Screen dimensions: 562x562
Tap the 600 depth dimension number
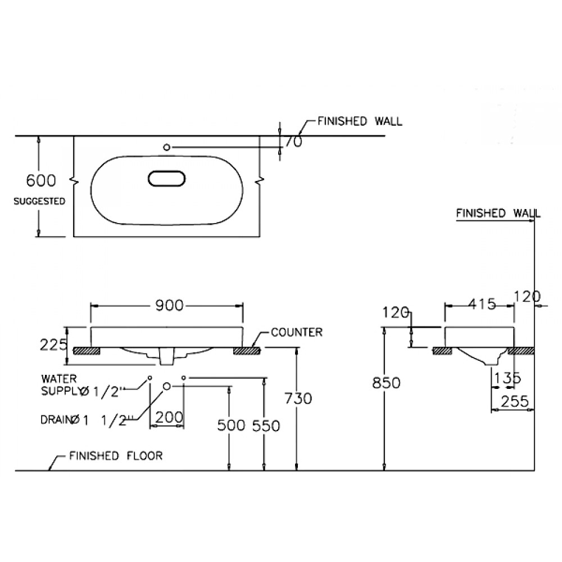tap(42, 180)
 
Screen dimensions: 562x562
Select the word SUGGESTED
tap(40, 201)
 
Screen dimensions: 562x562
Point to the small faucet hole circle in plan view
tap(166, 147)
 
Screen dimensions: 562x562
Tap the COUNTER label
tap(296, 332)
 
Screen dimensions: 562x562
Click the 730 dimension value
tap(298, 398)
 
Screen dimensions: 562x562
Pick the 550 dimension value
tap(265, 426)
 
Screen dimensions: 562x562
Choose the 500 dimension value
tap(230, 426)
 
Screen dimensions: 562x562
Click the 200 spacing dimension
tap(169, 417)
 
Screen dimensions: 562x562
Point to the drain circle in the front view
tap(167, 386)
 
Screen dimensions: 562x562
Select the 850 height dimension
tap(386, 383)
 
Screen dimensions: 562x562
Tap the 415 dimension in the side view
tap(481, 305)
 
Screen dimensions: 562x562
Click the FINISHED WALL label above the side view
tap(498, 214)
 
